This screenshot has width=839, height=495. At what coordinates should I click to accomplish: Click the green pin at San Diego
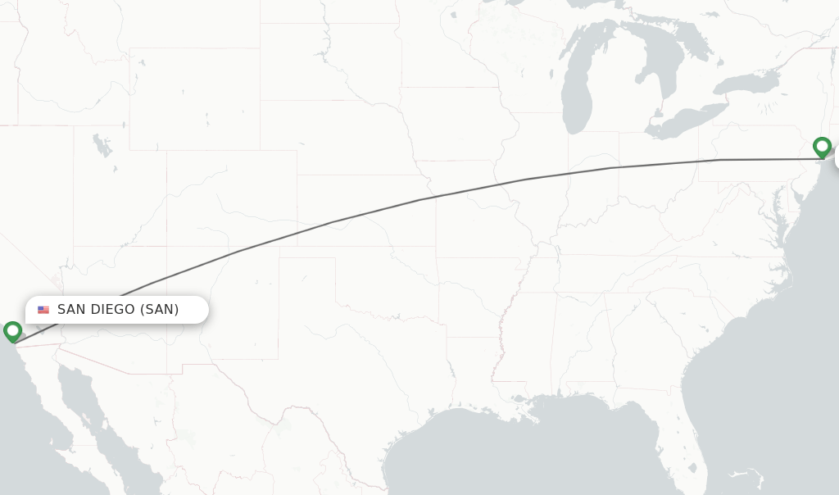point(12,331)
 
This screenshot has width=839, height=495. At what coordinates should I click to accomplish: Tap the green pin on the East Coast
point(822,147)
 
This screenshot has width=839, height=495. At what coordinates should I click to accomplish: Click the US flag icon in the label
point(43,310)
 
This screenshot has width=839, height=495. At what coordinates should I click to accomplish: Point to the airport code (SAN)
point(159,310)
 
